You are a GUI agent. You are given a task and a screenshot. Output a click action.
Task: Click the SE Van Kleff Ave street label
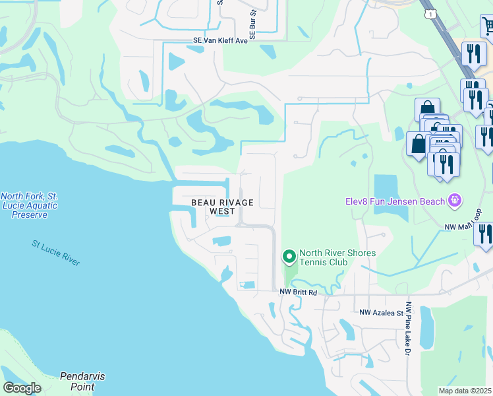click(x=220, y=40)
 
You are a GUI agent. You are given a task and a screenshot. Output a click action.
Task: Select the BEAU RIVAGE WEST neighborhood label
click(x=222, y=207)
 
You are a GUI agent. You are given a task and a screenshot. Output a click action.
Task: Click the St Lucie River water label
click(x=56, y=253)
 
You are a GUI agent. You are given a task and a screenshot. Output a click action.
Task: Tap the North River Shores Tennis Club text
click(x=337, y=258)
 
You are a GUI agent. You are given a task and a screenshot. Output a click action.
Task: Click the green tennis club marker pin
click(x=288, y=256)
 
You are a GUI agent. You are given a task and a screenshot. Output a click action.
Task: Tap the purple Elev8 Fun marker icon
click(x=453, y=199)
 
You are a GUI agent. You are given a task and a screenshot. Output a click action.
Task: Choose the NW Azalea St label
click(x=380, y=312)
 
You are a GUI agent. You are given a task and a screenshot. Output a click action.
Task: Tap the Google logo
click(x=22, y=388)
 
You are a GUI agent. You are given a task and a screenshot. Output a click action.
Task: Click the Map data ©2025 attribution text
click(x=465, y=391)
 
